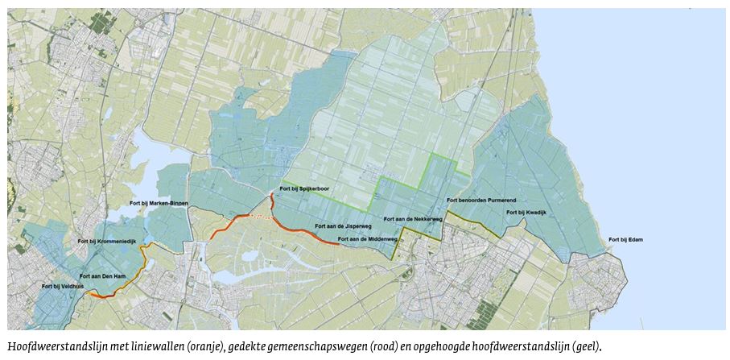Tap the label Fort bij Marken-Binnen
pyautogui.click(x=161, y=203)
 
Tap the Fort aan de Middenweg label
pyautogui.click(x=368, y=239)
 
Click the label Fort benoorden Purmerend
pyautogui.click(x=480, y=201)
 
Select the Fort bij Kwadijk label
pyautogui.click(x=526, y=213)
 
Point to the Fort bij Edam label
pyautogui.click(x=625, y=240)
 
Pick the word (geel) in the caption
pyautogui.click(x=584, y=346)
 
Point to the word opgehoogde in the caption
pyautogui.click(x=449, y=346)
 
